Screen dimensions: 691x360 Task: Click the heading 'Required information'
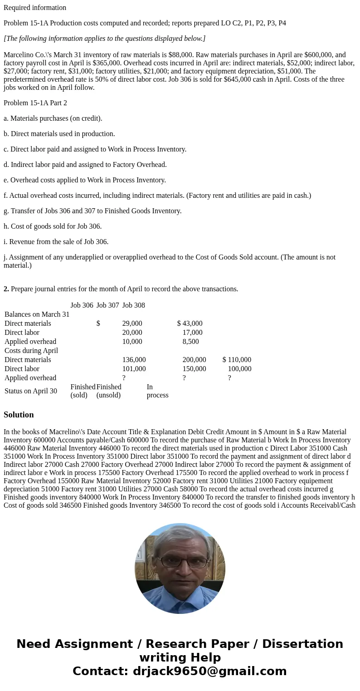[35, 8]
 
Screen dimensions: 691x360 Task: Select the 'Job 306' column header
[82, 305]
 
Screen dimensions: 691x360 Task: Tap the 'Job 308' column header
[133, 305]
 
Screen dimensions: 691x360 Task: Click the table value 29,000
[132, 323]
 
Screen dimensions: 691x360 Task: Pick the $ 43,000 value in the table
[190, 323]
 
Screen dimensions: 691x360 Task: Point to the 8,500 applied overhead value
[190, 342]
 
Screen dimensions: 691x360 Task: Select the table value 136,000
[134, 360]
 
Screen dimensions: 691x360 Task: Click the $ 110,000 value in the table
[237, 360]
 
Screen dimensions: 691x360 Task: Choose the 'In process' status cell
[157, 391]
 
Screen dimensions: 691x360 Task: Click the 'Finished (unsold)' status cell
[109, 391]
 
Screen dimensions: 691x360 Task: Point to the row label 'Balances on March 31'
[37, 314]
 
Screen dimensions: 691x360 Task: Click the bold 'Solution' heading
[19, 415]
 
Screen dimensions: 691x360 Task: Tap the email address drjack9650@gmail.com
[209, 671]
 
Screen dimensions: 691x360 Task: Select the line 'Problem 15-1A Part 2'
[35, 103]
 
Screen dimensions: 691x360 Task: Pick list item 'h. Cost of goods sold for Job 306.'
[53, 226]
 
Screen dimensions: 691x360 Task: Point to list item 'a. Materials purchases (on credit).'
[53, 118]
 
